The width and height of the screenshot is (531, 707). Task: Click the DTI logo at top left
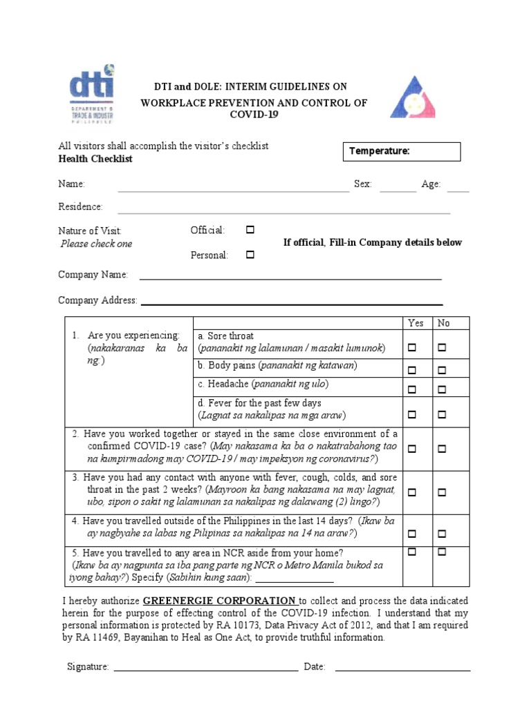pyautogui.click(x=91, y=97)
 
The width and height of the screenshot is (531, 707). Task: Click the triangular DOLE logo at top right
pyautogui.click(x=413, y=98)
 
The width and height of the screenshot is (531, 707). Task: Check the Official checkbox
pyautogui.click(x=250, y=229)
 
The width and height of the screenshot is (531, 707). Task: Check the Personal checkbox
pyautogui.click(x=250, y=255)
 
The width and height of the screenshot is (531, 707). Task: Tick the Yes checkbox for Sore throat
pyautogui.click(x=413, y=347)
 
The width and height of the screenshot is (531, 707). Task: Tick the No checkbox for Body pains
pyautogui.click(x=442, y=371)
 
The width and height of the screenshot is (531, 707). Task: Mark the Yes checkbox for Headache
pyautogui.click(x=413, y=389)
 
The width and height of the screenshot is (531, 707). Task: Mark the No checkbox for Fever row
pyautogui.click(x=442, y=415)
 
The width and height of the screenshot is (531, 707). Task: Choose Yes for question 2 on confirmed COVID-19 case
pyautogui.click(x=413, y=449)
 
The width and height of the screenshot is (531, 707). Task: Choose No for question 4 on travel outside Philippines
pyautogui.click(x=442, y=534)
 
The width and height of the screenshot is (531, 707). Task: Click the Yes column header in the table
pyautogui.click(x=416, y=323)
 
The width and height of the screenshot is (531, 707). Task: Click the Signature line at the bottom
pyautogui.click(x=205, y=668)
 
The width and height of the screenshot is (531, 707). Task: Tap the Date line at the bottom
pyautogui.click(x=402, y=668)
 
